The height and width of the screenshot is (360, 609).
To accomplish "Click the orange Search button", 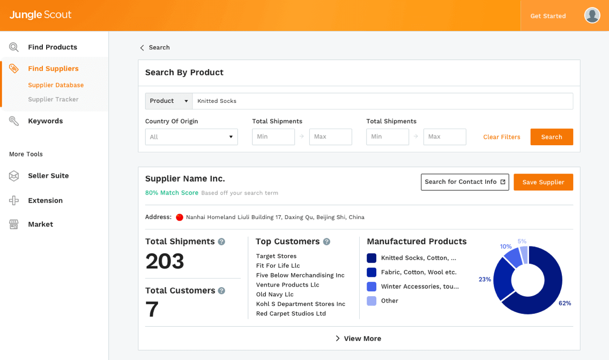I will point(551,137).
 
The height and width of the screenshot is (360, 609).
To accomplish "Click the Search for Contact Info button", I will point(465,182).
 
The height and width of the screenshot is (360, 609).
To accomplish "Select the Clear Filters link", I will point(501,137).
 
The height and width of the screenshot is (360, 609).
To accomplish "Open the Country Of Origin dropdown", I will point(191,137).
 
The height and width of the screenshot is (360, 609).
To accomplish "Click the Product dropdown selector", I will point(169,101).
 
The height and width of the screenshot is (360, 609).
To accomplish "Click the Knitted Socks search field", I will point(382,101).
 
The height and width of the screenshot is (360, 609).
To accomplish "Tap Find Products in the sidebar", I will point(53,47).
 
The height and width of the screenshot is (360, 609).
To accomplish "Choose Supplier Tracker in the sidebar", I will point(53,99).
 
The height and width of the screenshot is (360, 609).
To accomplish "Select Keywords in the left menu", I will point(45,121).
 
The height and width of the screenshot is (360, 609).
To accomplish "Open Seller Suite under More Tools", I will point(48,176).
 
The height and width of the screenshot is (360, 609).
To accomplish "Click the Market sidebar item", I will point(40,224).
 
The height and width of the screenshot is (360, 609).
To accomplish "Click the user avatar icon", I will point(592,16).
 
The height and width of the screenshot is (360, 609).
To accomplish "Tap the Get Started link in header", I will point(548,16).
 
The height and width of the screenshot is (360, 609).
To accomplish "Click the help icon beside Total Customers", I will point(221,290).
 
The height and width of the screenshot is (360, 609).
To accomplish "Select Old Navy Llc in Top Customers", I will point(274,295).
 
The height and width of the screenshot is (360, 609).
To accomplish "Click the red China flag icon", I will point(180,217).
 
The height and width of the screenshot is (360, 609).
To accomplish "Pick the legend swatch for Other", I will point(372,301).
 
